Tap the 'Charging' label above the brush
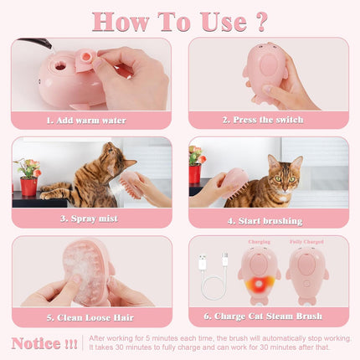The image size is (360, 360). pos(260,242)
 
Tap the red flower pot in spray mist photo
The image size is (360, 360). pos(28,185)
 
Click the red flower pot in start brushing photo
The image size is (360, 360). pos(196,173)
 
